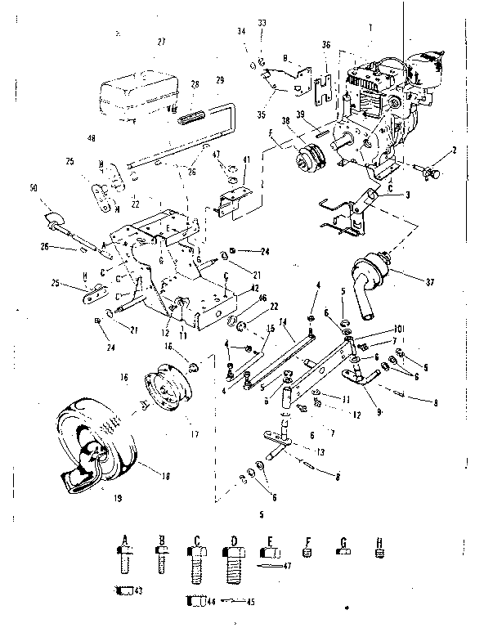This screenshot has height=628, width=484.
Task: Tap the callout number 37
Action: coord(429,283)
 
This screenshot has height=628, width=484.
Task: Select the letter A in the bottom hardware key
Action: coord(126,538)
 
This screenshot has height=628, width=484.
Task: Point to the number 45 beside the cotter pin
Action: coord(250,603)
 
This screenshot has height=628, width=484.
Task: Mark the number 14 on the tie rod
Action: coord(281,323)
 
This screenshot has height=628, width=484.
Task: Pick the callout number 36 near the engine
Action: coord(326,45)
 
